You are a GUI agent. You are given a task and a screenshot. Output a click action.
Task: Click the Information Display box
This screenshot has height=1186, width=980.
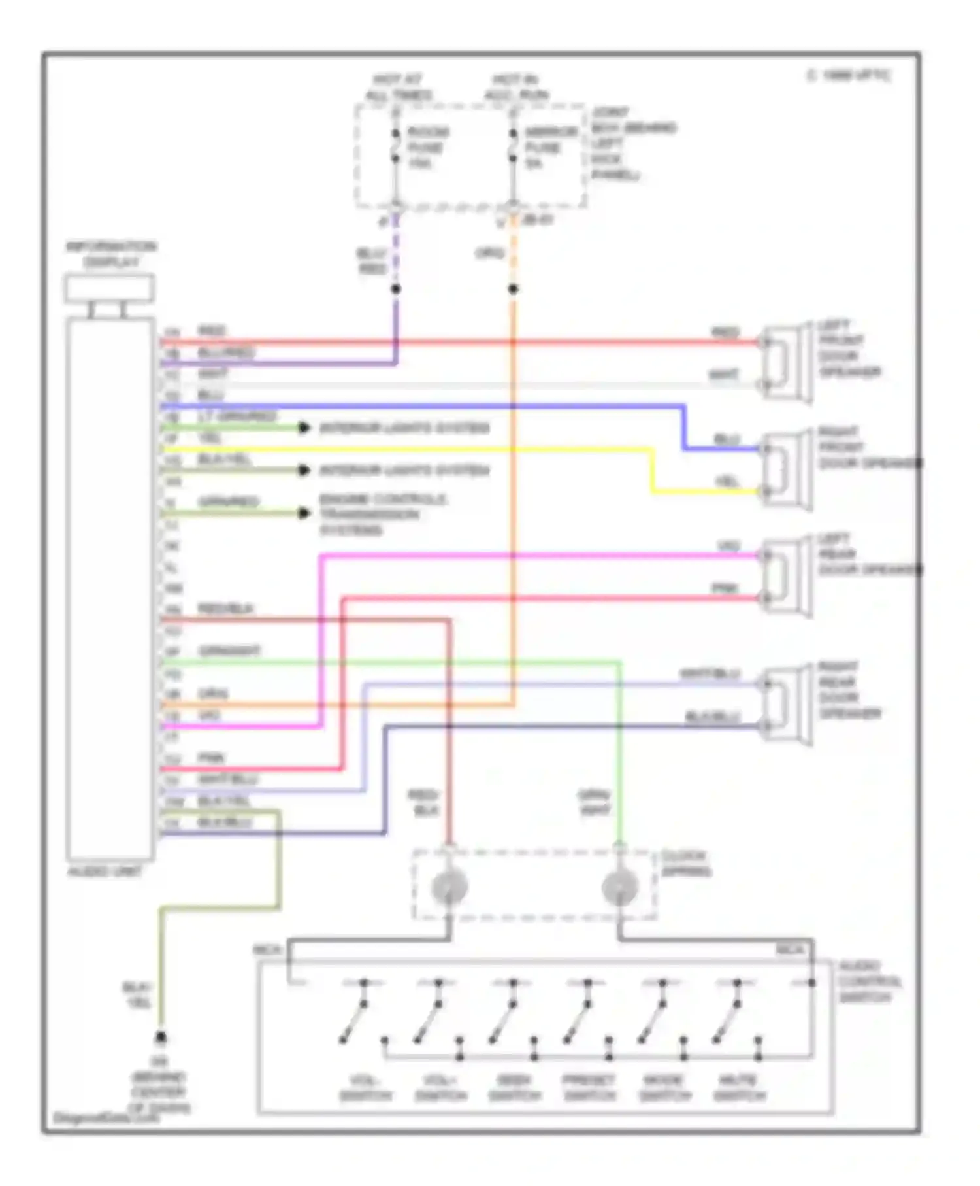pos(110,288)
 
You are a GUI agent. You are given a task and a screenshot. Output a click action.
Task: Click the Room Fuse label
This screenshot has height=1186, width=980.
pos(427,148)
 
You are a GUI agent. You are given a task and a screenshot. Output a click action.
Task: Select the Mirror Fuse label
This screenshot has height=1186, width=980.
pos(551,148)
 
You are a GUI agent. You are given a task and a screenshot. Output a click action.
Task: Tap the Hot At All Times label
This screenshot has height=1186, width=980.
pos(398,88)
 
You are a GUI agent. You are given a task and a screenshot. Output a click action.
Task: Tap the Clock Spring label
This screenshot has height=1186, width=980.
pos(685,864)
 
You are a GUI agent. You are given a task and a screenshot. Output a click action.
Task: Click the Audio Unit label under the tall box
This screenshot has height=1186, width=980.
pos(105,872)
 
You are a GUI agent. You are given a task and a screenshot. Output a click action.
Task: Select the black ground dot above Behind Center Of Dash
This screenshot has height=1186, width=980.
pos(160,1038)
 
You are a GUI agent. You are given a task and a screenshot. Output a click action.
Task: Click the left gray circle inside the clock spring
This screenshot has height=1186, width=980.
pos(449,887)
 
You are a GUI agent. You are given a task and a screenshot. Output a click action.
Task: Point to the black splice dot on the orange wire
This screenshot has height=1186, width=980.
pos(514,289)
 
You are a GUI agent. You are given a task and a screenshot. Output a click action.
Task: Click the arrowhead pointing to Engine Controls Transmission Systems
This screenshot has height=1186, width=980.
pos(304,513)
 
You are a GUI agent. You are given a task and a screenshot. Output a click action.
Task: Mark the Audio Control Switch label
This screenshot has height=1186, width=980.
pos(870,981)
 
